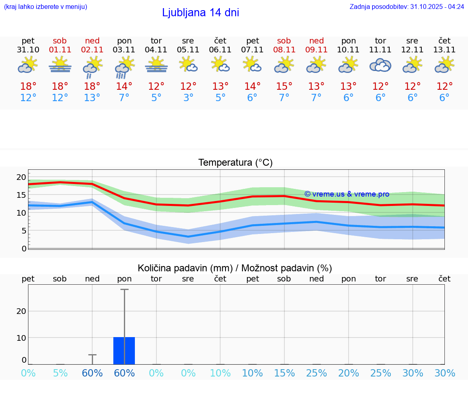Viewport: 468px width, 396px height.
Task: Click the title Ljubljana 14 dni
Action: [200, 13]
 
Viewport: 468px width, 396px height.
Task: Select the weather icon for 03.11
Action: [124, 67]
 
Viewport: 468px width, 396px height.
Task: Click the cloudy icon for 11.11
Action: [380, 65]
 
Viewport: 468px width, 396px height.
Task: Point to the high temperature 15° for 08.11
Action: [284, 87]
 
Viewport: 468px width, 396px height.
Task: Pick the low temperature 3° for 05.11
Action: [188, 98]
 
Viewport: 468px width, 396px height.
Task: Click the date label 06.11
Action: [220, 50]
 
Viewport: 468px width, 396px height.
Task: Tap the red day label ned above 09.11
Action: [316, 41]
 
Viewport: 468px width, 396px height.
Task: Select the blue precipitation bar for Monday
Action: [124, 351]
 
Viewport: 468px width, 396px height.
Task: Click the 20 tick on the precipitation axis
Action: [21, 311]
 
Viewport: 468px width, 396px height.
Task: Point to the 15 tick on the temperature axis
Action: [21, 195]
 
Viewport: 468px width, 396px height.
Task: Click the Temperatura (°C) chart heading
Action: [235, 163]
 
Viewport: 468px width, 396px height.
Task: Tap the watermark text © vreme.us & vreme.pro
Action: [347, 194]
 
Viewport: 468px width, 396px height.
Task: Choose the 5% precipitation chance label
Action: [60, 373]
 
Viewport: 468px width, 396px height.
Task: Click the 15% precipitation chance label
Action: [284, 373]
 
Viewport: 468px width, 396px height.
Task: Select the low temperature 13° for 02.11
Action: [92, 98]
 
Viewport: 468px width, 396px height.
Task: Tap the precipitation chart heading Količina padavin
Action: [235, 268]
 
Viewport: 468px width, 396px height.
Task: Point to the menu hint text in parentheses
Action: [45, 6]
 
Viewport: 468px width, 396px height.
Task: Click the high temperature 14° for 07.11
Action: [252, 87]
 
